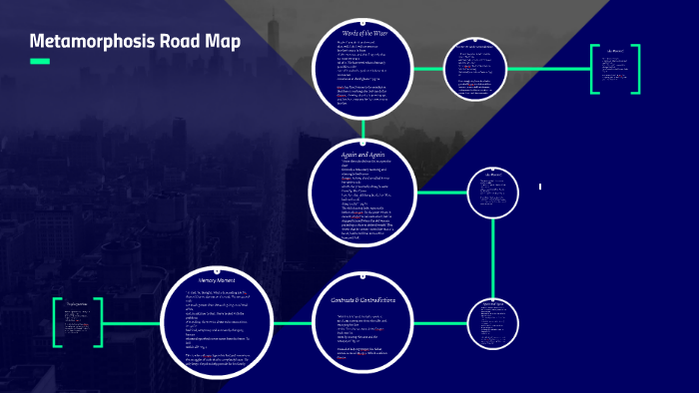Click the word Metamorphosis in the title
(91, 43)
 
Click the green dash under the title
(40, 62)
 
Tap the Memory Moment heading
(217, 280)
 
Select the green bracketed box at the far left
(79, 321)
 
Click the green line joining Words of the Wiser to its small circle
(431, 70)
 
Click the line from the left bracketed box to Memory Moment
(133, 321)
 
